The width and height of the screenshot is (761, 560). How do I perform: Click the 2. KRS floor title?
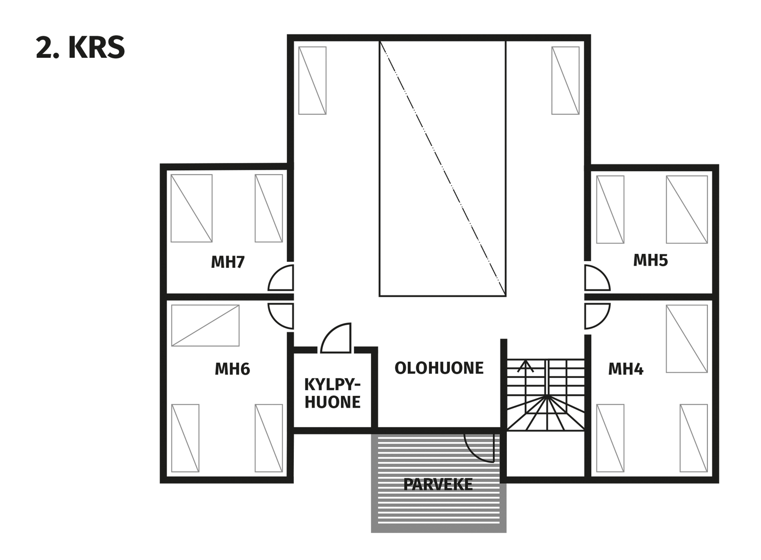(80, 47)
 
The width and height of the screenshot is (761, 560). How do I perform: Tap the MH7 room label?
(228, 262)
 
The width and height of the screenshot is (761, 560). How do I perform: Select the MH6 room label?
(232, 369)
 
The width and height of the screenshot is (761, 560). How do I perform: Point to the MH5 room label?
(650, 260)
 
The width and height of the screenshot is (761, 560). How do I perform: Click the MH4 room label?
(626, 369)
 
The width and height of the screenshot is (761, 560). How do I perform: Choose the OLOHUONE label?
(439, 368)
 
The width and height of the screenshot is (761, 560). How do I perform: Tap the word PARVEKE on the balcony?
(438, 484)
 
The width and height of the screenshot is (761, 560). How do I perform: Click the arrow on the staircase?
(526, 366)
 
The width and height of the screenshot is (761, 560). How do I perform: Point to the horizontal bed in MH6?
(205, 325)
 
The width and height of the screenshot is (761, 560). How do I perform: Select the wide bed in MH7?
(192, 209)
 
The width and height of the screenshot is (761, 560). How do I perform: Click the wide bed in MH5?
(687, 210)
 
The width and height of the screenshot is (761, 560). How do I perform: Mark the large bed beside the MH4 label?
(687, 339)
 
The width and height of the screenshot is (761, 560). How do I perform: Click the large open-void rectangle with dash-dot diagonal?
(442, 168)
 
